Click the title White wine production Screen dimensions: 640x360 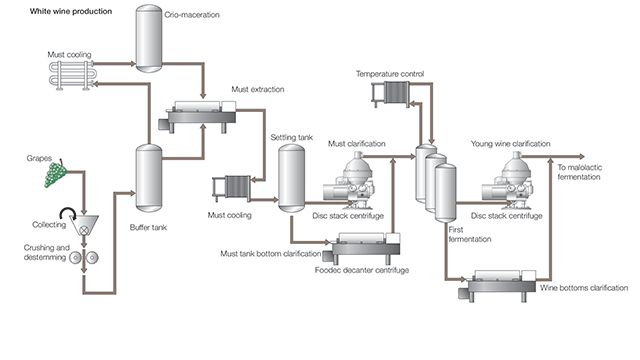pos(71,11)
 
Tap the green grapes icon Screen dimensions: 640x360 pos(56,174)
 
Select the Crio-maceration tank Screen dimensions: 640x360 pos(149,39)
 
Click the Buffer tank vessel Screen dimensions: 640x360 pos(149,178)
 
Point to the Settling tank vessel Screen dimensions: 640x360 pos(291,178)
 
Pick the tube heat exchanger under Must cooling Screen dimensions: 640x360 pos(73,75)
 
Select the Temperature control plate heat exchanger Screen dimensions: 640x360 pos(391,94)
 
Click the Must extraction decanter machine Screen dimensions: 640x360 pos(197,116)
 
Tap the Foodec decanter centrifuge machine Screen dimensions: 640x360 pos(362,248)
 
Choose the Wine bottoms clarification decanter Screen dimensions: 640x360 pos(497,285)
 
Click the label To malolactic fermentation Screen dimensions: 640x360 pos(579,172)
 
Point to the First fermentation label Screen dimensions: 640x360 pos(470,234)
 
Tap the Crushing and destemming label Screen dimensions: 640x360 pos(47,252)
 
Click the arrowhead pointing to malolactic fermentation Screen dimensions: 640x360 pos(581,156)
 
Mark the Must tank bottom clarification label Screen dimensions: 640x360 pos(271,254)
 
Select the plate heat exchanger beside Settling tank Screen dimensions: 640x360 pos(231,189)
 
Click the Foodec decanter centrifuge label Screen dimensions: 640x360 pos(362,270)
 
